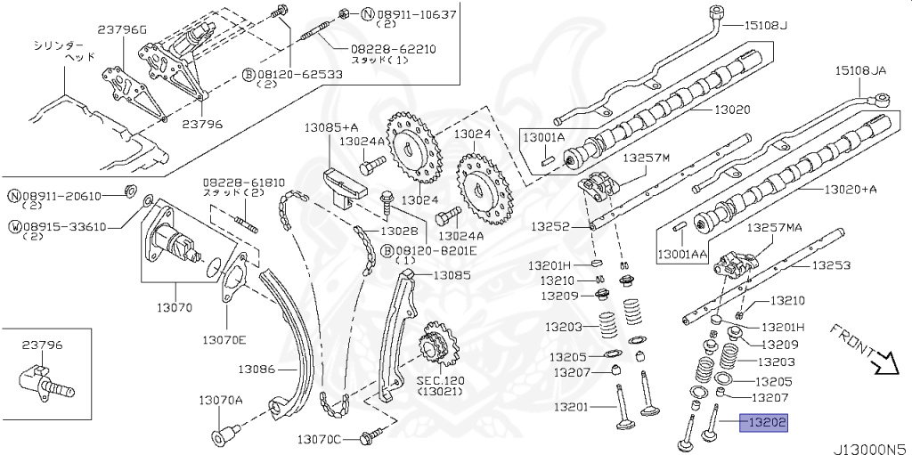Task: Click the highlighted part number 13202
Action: [763, 424]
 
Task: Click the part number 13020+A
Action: [851, 189]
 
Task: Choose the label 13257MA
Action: [775, 228]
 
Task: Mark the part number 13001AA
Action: [682, 255]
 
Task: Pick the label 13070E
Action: [224, 339]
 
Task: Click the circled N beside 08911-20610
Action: [14, 196]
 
